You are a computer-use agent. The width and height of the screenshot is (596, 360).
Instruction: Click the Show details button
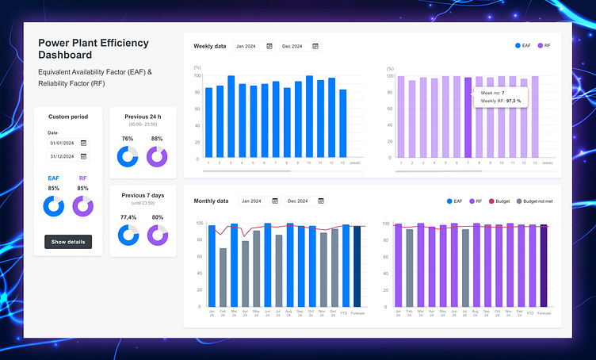pos(68,242)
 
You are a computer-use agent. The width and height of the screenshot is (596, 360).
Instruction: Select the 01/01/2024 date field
pos(68,143)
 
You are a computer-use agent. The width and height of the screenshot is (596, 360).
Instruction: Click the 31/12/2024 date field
pos(68,156)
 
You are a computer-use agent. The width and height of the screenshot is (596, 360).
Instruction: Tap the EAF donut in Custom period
pos(54,206)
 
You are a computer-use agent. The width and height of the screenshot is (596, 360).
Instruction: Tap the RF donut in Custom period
pos(83,206)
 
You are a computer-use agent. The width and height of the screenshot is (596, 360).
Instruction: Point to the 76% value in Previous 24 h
pos(128,139)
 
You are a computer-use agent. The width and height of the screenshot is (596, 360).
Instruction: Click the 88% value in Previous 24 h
pos(157,139)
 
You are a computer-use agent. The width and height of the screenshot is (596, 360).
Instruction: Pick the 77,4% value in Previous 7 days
pos(128,216)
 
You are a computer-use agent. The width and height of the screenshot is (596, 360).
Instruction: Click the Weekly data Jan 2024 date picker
pos(254,47)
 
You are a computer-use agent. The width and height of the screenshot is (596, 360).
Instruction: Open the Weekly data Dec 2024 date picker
pos(300,47)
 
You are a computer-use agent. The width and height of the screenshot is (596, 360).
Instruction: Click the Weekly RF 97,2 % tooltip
pos(502,98)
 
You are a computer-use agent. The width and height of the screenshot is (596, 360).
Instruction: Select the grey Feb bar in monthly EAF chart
pos(223,278)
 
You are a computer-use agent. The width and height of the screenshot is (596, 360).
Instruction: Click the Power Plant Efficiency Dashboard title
pos(94,48)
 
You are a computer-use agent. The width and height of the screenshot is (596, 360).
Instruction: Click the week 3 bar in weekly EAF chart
pos(231,117)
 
